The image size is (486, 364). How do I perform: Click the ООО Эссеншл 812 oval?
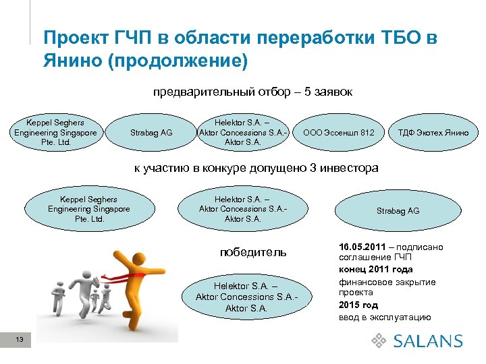tap(339, 133)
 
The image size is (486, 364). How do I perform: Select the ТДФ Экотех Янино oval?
tap(433, 133)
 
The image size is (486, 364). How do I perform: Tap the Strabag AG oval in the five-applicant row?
tap(151, 133)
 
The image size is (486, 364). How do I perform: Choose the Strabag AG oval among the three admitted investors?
tap(398, 210)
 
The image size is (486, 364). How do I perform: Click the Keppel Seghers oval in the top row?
tap(55, 133)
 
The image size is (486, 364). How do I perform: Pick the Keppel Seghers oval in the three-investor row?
tap(88, 210)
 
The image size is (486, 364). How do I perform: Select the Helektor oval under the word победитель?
tap(246, 297)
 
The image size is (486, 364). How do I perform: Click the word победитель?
tap(252, 252)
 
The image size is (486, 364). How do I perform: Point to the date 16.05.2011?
tap(362, 247)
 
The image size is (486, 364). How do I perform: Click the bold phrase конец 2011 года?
tap(375, 270)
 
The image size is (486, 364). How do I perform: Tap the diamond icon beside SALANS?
tap(378, 341)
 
